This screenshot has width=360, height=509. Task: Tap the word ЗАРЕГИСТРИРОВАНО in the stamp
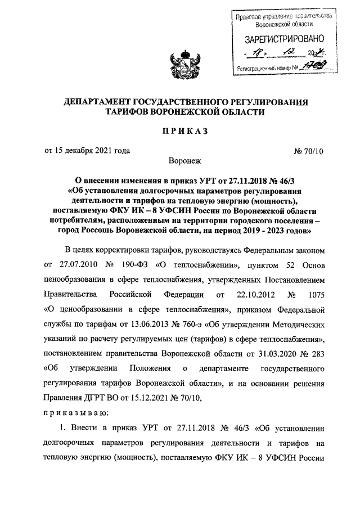tap(285, 40)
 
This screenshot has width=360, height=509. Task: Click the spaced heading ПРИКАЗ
tap(180, 131)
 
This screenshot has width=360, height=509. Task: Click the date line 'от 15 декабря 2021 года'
tap(87, 150)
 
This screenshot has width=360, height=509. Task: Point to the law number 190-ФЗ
tap(132, 264)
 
